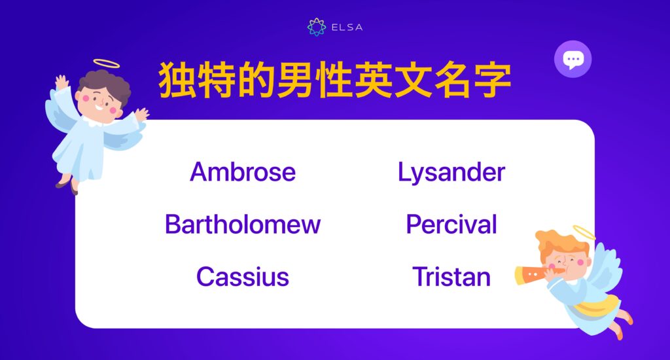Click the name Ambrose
243,172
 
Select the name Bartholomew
243,225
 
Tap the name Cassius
243,277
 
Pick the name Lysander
451,172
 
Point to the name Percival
451,225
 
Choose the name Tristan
451,277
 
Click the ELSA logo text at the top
347,27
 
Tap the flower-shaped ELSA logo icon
317,27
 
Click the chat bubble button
573,60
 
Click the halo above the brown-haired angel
107,63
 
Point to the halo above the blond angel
584,232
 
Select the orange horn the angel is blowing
530,274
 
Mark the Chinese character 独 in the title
178,81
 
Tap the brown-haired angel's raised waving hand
62,83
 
